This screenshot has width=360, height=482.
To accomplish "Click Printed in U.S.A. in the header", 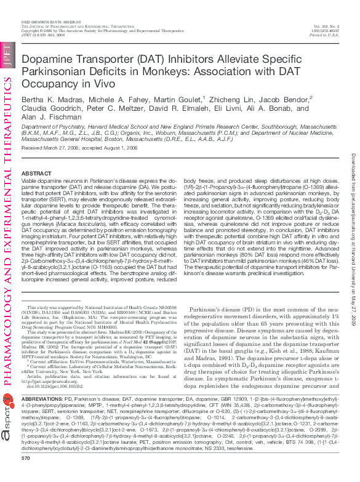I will tap(326, 36).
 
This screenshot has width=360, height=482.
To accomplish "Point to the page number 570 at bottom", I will tap(25, 475).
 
